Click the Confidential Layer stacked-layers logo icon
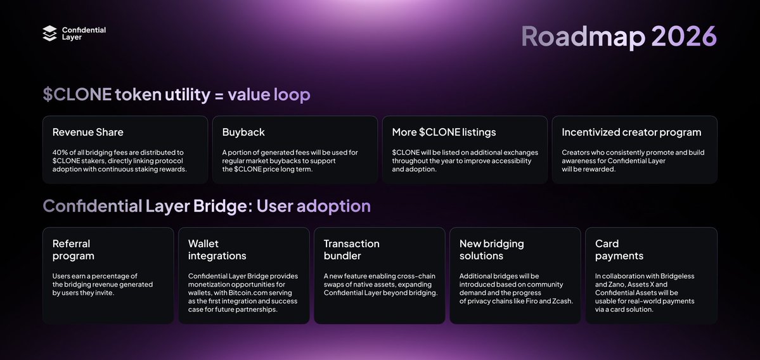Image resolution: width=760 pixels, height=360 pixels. coord(50,34)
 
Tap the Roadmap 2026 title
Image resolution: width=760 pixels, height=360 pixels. coord(619,37)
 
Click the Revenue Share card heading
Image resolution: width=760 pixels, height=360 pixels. coord(88,132)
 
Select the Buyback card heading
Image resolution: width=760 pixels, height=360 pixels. coord(243,132)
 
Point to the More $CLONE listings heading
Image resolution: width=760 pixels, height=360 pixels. coord(444,132)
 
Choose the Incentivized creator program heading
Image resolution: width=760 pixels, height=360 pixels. coord(631,132)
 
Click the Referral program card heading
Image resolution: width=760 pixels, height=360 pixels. coord(74,250)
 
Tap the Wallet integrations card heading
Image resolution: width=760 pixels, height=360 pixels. coord(217,250)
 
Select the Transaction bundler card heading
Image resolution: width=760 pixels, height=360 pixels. coord(351,250)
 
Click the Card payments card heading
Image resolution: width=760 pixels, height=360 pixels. coord(619,250)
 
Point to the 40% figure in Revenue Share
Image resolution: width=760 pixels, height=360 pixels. coord(60,152)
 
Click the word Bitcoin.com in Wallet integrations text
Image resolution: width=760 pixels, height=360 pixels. coord(229,293)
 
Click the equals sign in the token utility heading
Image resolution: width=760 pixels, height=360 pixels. coord(219,95)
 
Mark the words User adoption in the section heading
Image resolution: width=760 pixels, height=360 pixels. coord(313,206)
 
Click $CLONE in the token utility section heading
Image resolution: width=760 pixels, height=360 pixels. coord(76,95)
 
